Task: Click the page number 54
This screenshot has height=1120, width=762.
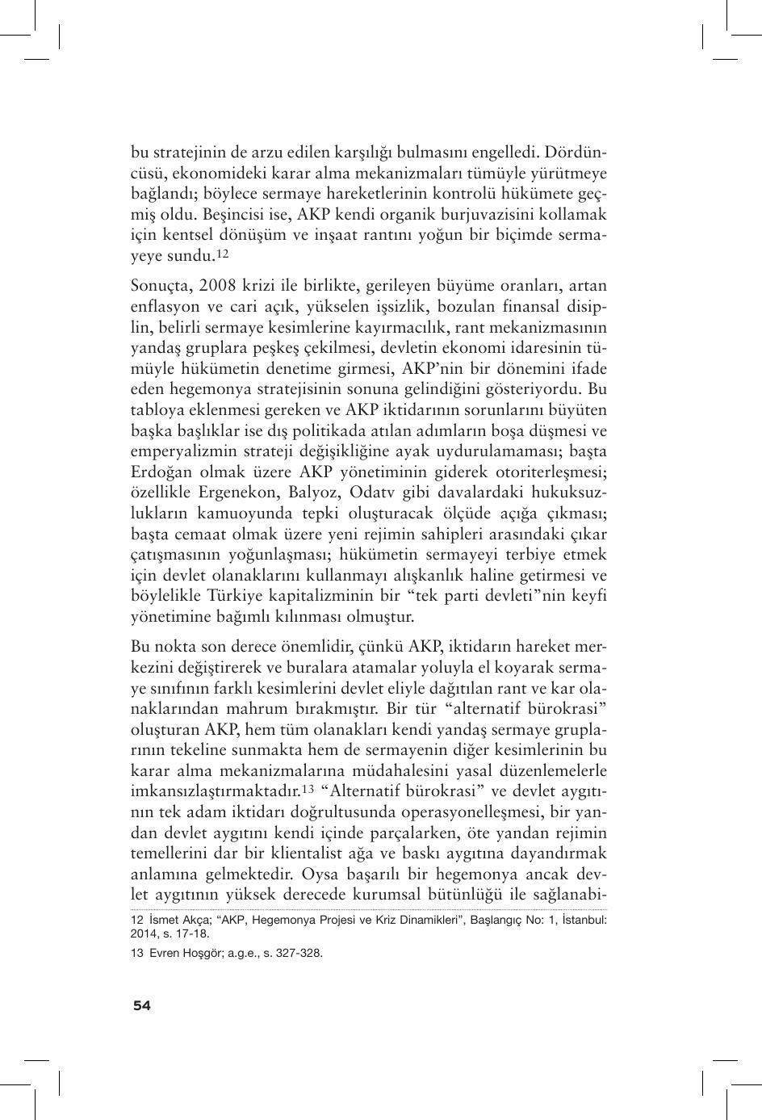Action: pyautogui.click(x=141, y=1005)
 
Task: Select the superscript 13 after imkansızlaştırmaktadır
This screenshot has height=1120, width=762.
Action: pyautogui.click(x=308, y=789)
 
